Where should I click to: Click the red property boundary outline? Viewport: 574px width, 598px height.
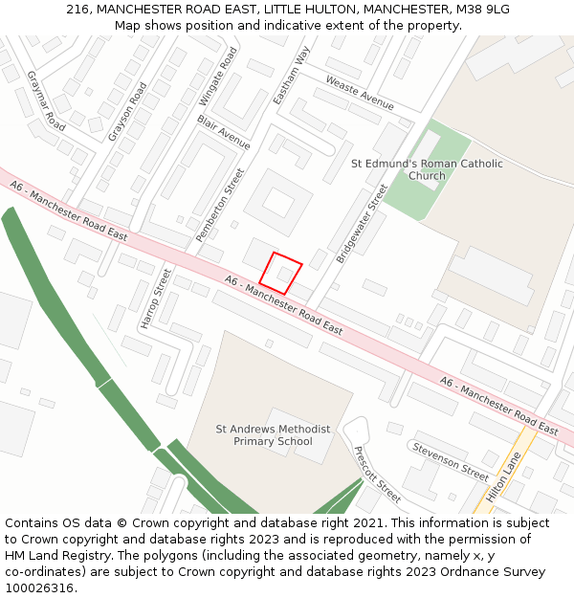point(280,273)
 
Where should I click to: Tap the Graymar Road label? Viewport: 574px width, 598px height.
point(45,100)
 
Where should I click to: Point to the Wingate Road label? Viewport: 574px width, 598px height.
point(217,77)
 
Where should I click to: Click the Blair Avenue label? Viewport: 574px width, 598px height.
point(223,132)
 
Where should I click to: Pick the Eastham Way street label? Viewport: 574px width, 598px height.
point(291,77)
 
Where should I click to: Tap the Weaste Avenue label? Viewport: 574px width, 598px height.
point(360,92)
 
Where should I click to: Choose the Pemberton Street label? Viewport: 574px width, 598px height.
point(220,205)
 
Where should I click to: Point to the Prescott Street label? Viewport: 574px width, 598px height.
point(377,475)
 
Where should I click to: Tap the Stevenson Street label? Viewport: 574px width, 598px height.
point(451,461)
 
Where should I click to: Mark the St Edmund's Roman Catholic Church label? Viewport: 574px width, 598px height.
point(427,169)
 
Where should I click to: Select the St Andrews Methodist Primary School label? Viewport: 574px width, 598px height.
point(273,435)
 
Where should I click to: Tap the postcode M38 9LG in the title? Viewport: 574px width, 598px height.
point(483,10)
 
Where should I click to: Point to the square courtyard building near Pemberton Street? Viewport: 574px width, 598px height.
point(278,202)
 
